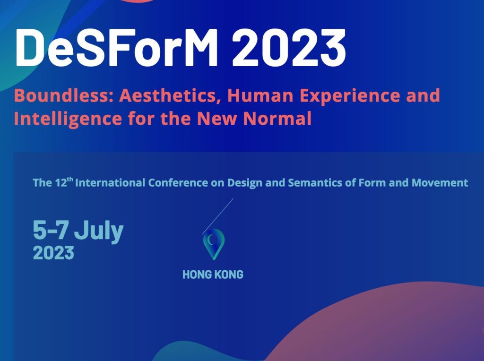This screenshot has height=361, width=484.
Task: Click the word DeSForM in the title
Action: (117, 48)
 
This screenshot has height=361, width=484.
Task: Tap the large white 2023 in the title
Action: (289, 48)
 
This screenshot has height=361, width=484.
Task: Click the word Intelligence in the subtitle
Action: (68, 119)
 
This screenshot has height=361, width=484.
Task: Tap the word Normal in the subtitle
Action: (277, 118)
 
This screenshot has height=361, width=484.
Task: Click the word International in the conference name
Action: (110, 183)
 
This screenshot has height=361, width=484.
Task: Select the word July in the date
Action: (99, 232)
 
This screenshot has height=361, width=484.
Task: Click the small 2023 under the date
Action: (53, 253)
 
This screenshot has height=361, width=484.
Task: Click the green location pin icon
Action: (214, 244)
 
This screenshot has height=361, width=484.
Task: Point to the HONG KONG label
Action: (213, 275)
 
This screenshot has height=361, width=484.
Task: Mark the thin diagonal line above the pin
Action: (217, 216)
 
